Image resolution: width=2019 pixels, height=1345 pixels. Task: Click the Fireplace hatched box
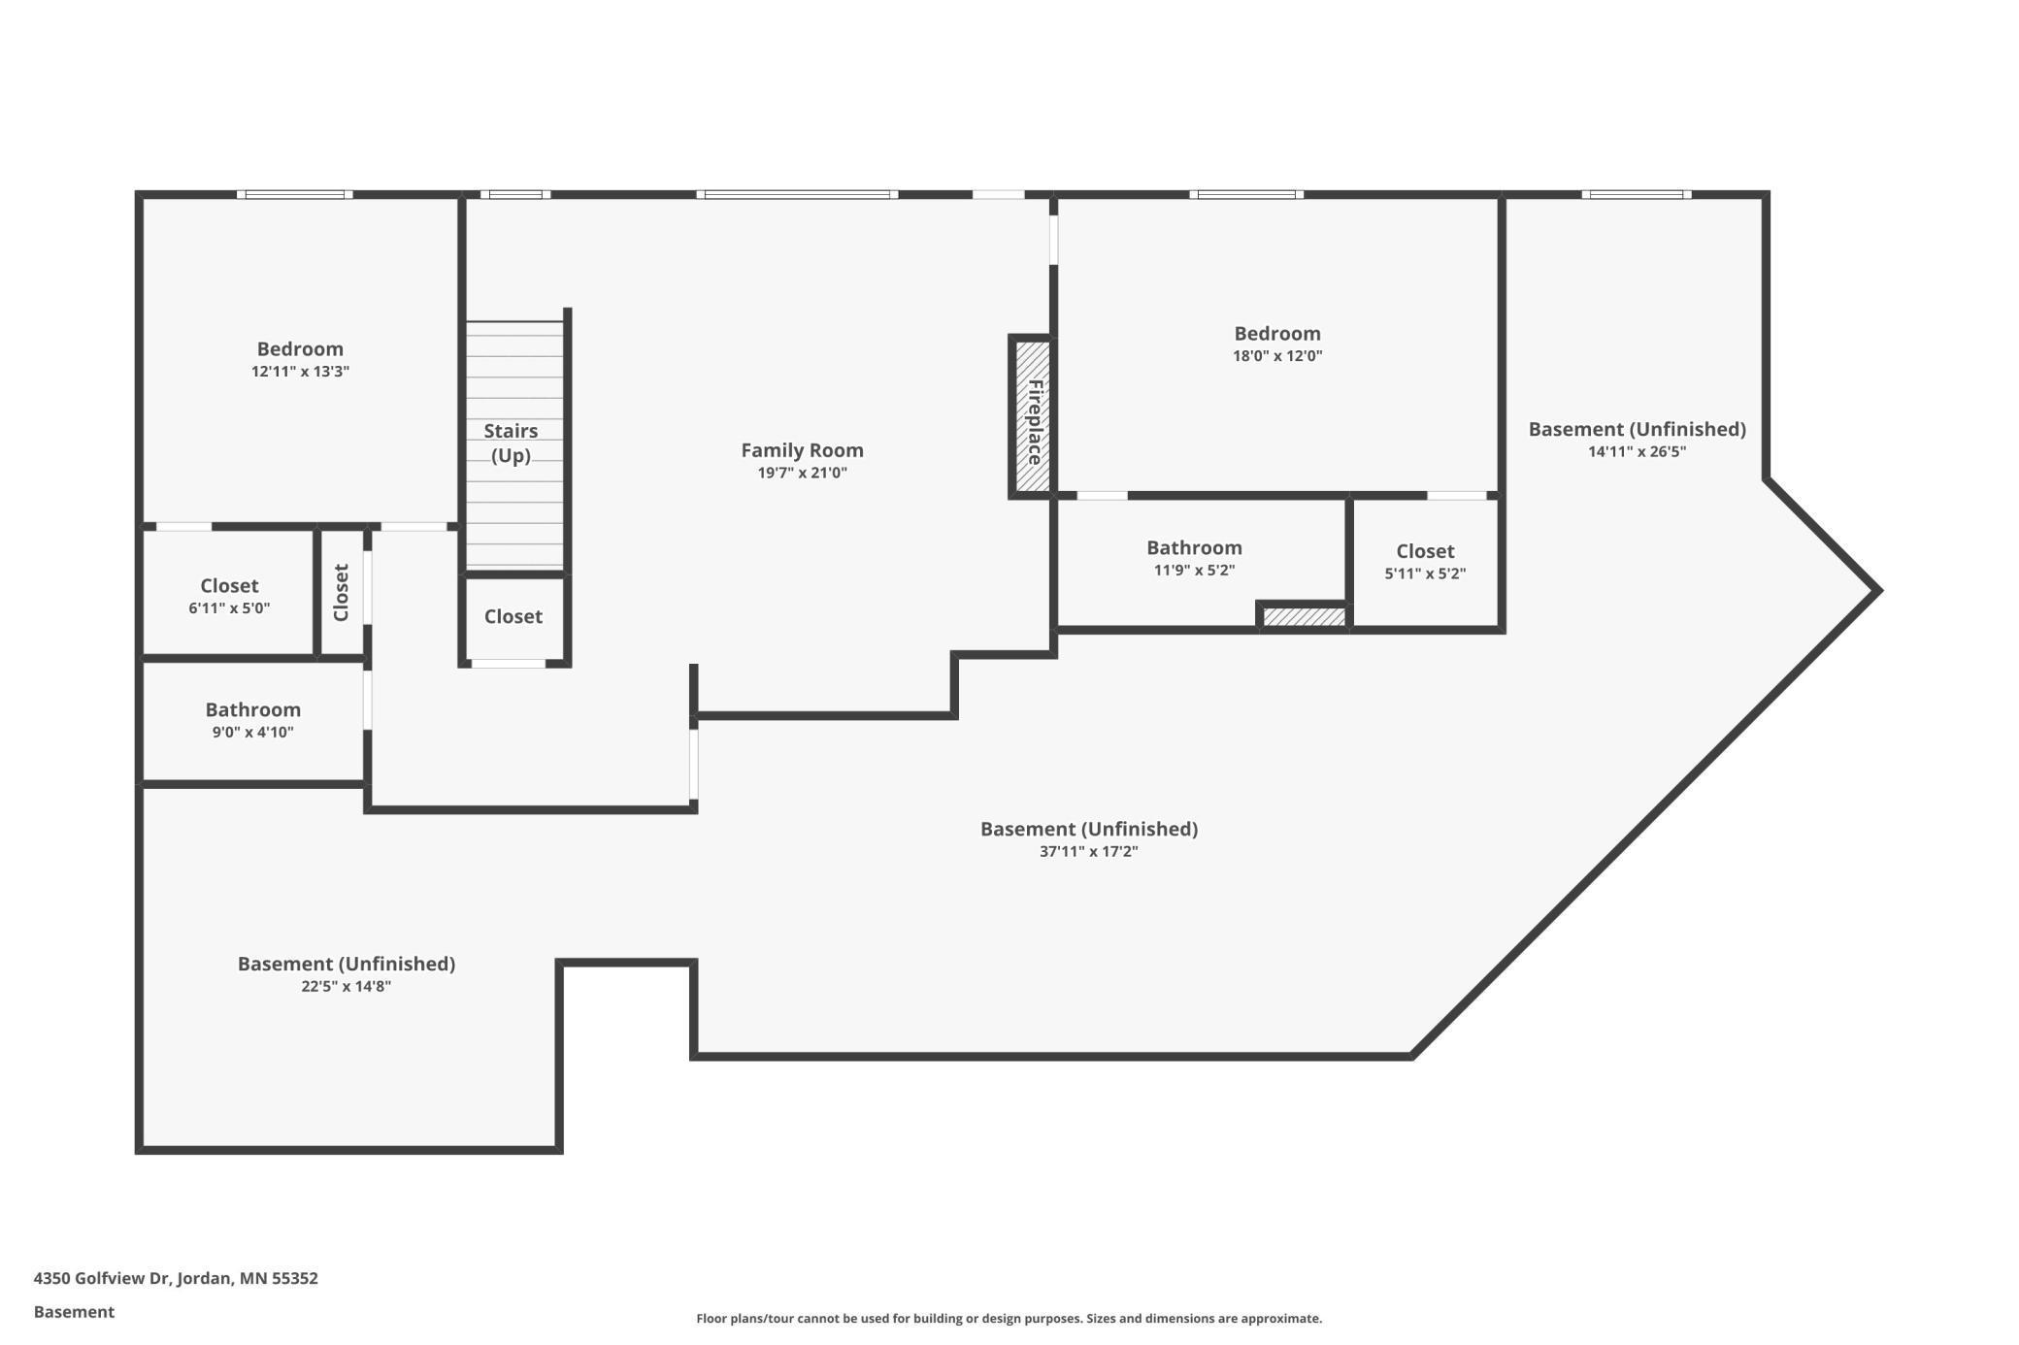pyautogui.click(x=1032, y=417)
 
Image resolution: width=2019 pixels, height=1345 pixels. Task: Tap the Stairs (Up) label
pyautogui.click(x=511, y=443)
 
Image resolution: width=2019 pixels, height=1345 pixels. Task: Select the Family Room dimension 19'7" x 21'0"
pyautogui.click(x=802, y=474)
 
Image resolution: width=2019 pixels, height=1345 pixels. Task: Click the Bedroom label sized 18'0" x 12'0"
pyautogui.click(x=1276, y=334)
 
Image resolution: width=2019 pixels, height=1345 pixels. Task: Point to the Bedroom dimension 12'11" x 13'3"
pyautogui.click(x=300, y=372)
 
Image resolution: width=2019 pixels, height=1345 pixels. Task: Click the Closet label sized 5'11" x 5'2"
pyautogui.click(x=1424, y=551)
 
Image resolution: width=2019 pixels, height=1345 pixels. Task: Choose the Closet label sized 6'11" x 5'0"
pyautogui.click(x=229, y=586)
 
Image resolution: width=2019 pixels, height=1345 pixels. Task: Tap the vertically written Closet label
pyautogui.click(x=341, y=593)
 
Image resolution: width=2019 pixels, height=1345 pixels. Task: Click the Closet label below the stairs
pyautogui.click(x=513, y=617)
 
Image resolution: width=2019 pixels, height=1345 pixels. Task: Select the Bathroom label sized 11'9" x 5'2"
pyautogui.click(x=1194, y=548)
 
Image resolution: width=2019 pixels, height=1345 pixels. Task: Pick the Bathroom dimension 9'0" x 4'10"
pyautogui.click(x=252, y=733)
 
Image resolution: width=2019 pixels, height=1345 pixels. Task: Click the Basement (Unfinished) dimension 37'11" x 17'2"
pyautogui.click(x=1088, y=852)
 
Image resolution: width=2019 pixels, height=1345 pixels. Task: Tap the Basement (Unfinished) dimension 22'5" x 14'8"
pyautogui.click(x=346, y=987)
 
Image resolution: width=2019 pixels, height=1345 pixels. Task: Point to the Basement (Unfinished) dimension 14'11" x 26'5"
pyautogui.click(x=1637, y=452)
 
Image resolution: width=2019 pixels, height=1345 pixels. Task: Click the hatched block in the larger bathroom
pyautogui.click(x=1304, y=617)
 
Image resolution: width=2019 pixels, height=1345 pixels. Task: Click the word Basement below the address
pyautogui.click(x=74, y=1312)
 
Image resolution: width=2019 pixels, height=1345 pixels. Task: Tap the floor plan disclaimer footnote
pyautogui.click(x=1009, y=1319)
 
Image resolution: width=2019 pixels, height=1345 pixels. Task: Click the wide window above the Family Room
pyautogui.click(x=797, y=195)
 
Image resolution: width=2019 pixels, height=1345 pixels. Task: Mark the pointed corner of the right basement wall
pyautogui.click(x=1878, y=590)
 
